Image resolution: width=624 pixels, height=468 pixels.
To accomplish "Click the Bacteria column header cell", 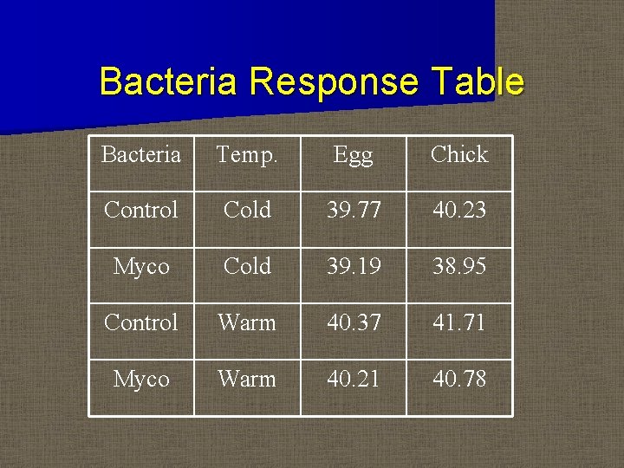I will click(141, 155).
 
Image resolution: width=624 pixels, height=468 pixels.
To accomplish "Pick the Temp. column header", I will click(247, 155).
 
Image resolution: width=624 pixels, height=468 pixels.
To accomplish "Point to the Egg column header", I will click(353, 156).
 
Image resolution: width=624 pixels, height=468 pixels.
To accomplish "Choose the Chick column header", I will click(459, 155).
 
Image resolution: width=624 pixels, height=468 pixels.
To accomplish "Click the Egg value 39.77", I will click(353, 211).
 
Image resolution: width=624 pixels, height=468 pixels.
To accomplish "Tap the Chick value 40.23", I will click(459, 211).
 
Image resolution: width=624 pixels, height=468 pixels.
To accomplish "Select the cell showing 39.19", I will click(353, 267).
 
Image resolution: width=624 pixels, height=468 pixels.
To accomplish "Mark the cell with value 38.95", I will click(459, 267).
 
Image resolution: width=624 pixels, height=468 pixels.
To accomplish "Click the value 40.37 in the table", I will click(353, 323).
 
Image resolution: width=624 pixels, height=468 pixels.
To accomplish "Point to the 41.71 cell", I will click(459, 323).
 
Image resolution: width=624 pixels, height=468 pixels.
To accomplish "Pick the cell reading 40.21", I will click(353, 380).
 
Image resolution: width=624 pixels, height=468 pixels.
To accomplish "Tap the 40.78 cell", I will click(459, 380).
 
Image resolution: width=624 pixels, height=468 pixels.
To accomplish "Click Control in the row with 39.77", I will click(141, 211).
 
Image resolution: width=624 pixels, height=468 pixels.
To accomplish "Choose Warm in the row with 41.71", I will click(247, 323).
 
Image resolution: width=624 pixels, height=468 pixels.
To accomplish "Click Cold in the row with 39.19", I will click(247, 267).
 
